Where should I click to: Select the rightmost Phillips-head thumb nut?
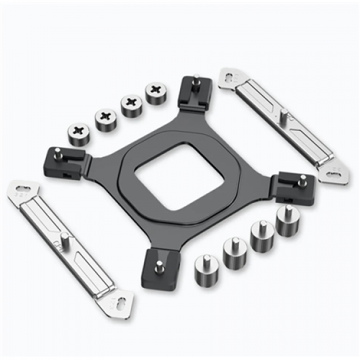tap(156, 94)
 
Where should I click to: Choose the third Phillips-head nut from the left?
tap(130, 105)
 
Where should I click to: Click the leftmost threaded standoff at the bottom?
tap(206, 270)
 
